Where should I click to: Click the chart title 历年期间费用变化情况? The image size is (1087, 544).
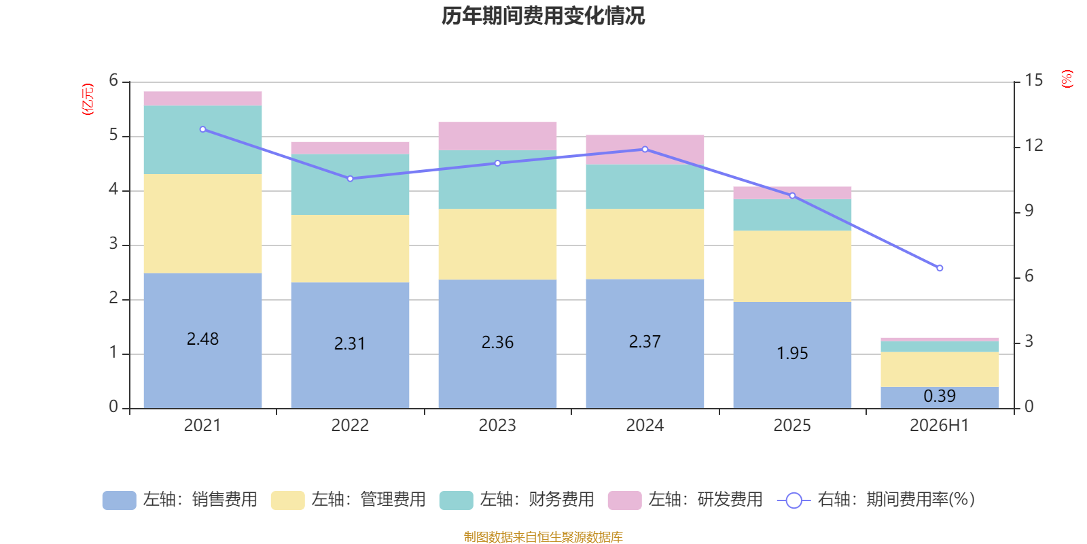point(543,16)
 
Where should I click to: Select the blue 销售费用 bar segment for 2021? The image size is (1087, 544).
point(203,341)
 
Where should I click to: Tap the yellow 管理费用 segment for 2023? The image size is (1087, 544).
point(497,244)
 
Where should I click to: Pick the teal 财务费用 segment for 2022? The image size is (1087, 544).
point(350,184)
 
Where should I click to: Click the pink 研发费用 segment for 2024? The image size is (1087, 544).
point(645,150)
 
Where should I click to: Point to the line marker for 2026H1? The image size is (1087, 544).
point(940,268)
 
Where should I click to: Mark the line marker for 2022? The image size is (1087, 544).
point(350,179)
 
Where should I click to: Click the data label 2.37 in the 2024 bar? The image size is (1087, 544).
point(645,342)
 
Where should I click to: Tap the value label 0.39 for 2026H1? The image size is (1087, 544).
point(940,396)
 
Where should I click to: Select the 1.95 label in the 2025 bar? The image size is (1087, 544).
point(792,353)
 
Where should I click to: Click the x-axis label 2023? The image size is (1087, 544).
point(497,426)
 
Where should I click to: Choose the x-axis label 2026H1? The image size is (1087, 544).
point(940,426)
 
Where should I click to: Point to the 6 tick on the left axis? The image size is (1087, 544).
point(113,80)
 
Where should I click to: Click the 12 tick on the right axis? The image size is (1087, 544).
point(1033,146)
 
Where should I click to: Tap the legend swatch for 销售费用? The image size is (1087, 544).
point(120,500)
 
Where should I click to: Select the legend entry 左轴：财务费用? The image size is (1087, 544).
point(517,500)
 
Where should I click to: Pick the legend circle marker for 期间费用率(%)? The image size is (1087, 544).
point(794,500)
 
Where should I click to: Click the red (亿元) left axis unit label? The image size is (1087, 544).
point(88,99)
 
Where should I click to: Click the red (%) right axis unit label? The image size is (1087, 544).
point(1067,79)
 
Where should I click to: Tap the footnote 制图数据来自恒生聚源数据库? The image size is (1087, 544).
point(543,537)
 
